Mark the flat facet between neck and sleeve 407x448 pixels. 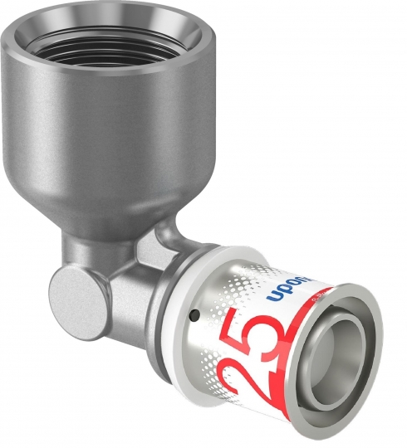point(158,249)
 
